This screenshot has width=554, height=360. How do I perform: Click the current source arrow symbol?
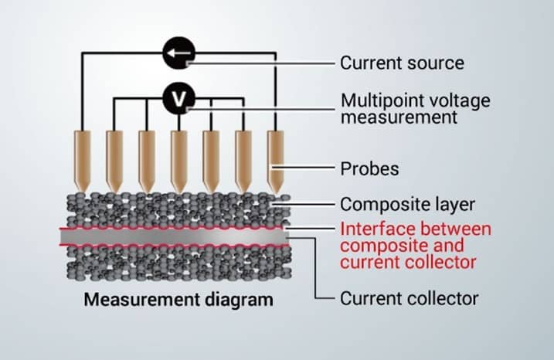click(178, 53)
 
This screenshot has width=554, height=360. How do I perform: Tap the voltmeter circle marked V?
click(178, 98)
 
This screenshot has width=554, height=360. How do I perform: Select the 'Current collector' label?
click(409, 298)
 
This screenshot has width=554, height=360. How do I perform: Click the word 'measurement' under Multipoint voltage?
click(389, 117)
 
